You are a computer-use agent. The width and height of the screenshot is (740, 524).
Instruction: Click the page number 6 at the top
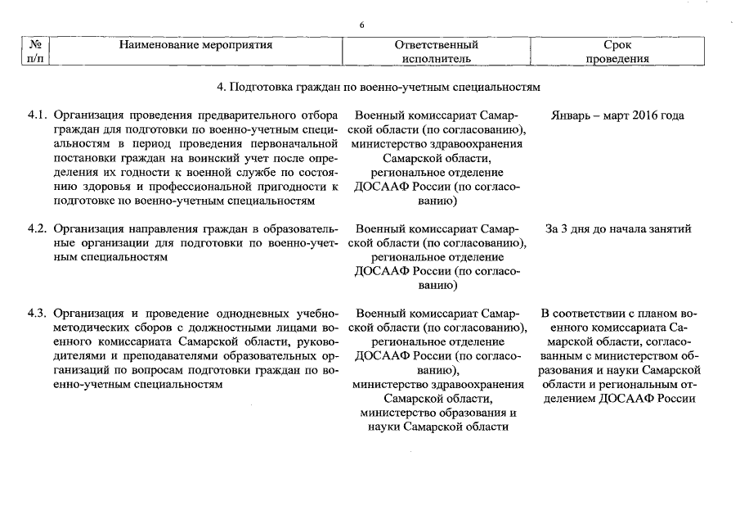[361, 25]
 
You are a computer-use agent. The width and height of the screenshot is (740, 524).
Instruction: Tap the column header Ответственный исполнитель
[436, 52]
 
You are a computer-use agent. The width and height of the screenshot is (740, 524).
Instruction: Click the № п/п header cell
[35, 52]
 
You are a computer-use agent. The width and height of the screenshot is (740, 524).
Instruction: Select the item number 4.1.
[38, 115]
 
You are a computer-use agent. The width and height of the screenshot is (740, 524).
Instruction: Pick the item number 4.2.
[38, 228]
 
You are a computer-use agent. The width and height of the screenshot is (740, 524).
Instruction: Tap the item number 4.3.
[38, 314]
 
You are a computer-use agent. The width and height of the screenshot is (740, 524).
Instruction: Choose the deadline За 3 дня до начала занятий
[617, 228]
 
